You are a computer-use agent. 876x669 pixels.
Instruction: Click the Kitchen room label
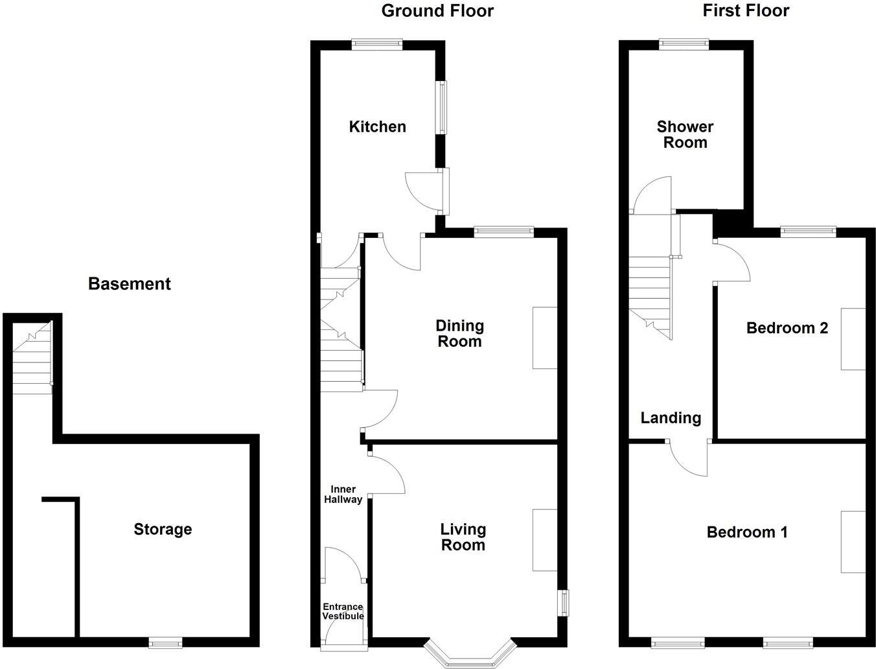point(377,126)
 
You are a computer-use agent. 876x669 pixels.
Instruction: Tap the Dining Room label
point(459,333)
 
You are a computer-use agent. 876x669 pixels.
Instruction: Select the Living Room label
point(463,537)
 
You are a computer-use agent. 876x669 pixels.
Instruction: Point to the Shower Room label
point(685,134)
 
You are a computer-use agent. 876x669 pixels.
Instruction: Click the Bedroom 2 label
point(787,328)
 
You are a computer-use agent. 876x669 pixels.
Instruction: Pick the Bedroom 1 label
point(747,532)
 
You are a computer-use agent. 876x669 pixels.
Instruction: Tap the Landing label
point(671,418)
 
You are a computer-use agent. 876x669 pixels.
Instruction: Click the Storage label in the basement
point(163,530)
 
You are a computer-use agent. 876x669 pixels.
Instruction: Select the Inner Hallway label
point(343,494)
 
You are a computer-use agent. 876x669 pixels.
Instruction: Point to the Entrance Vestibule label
point(343,611)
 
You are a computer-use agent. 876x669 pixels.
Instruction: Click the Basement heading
point(130,284)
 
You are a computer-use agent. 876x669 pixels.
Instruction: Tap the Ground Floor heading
point(437,11)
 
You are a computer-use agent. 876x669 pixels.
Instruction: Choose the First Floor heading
point(746,11)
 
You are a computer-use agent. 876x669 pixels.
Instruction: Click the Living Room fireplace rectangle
point(545,540)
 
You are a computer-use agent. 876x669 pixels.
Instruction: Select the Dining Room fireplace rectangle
point(545,338)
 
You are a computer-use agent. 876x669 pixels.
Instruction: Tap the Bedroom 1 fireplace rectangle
point(853,542)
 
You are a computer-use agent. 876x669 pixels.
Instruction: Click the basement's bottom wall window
point(165,642)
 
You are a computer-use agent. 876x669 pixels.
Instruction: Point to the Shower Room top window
point(684,44)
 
